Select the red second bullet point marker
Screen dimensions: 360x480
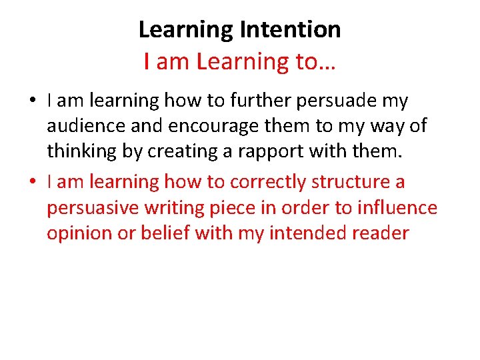[x=32, y=182]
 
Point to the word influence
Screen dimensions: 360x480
[x=397, y=208]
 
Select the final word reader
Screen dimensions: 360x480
[x=379, y=233]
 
